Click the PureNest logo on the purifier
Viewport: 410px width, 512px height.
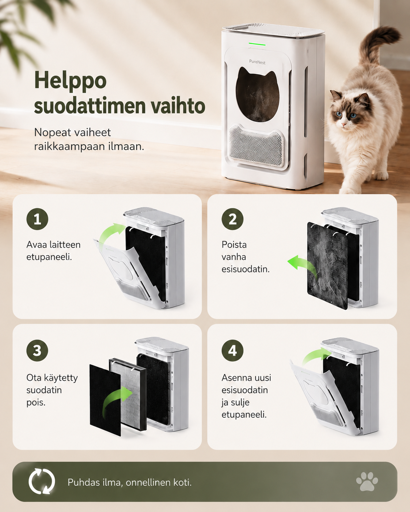coord(257,62)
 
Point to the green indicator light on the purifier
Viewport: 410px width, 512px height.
coord(257,44)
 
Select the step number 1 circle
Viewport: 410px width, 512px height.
coord(37,219)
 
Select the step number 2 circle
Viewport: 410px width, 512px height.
coord(233,219)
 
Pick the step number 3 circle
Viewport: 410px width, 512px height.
coord(37,351)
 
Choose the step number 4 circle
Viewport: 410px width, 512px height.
coord(233,351)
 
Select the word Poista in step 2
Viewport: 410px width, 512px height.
coord(234,245)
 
